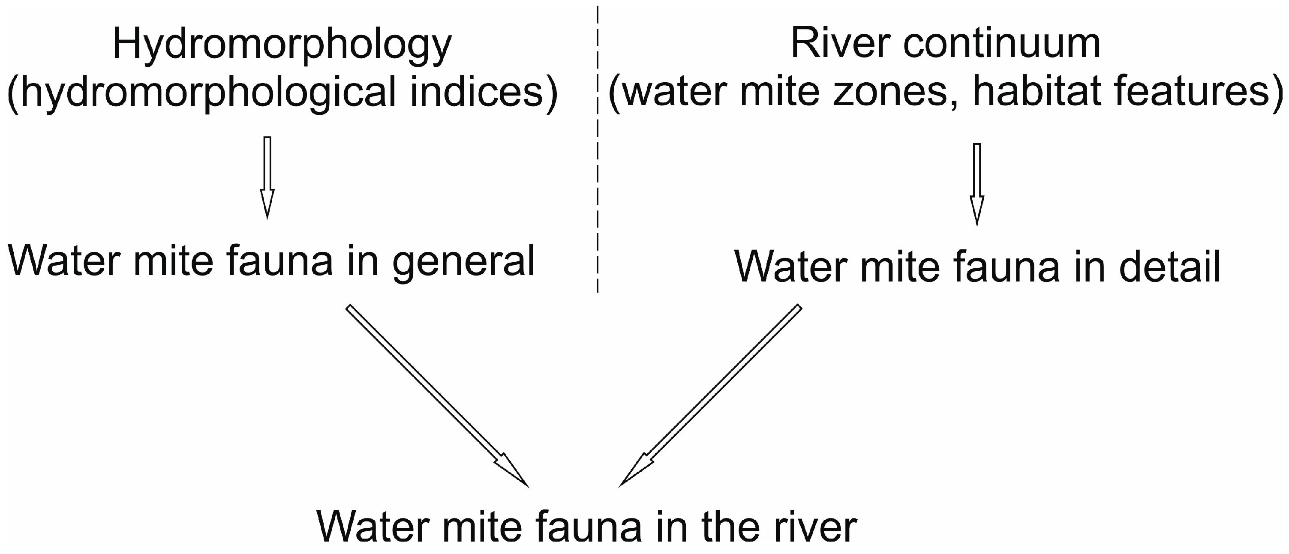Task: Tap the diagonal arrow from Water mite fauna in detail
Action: tap(711, 395)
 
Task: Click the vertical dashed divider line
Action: tap(598, 150)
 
